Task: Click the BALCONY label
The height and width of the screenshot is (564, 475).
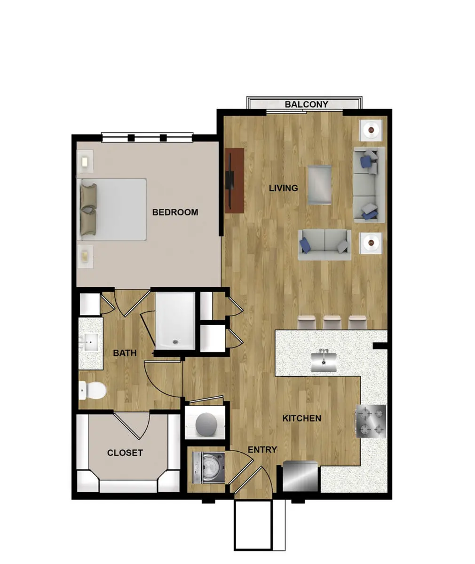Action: point(306,104)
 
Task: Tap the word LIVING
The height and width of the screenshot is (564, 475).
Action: point(283,188)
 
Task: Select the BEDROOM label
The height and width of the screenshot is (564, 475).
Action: point(175,212)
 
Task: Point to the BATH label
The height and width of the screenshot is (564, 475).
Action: point(125,353)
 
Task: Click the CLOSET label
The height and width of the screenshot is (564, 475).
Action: point(125,453)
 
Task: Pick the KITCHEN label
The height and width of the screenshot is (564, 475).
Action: point(301,418)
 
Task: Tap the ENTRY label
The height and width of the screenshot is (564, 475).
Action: point(262,450)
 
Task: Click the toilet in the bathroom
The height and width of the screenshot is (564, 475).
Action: point(92,390)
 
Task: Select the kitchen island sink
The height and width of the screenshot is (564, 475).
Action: point(324,361)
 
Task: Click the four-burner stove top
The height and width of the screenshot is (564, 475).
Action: point(371,421)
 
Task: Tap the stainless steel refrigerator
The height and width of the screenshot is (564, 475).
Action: point(301,476)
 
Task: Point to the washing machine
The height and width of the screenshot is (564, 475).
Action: point(207,468)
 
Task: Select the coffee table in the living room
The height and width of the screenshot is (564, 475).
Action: point(320,185)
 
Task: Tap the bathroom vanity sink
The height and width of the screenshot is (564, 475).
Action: point(91,342)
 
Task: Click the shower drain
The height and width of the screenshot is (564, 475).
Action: point(175,342)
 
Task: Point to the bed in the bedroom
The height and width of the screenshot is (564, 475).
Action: point(113,210)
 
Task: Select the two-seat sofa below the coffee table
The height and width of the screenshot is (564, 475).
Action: point(325,244)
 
